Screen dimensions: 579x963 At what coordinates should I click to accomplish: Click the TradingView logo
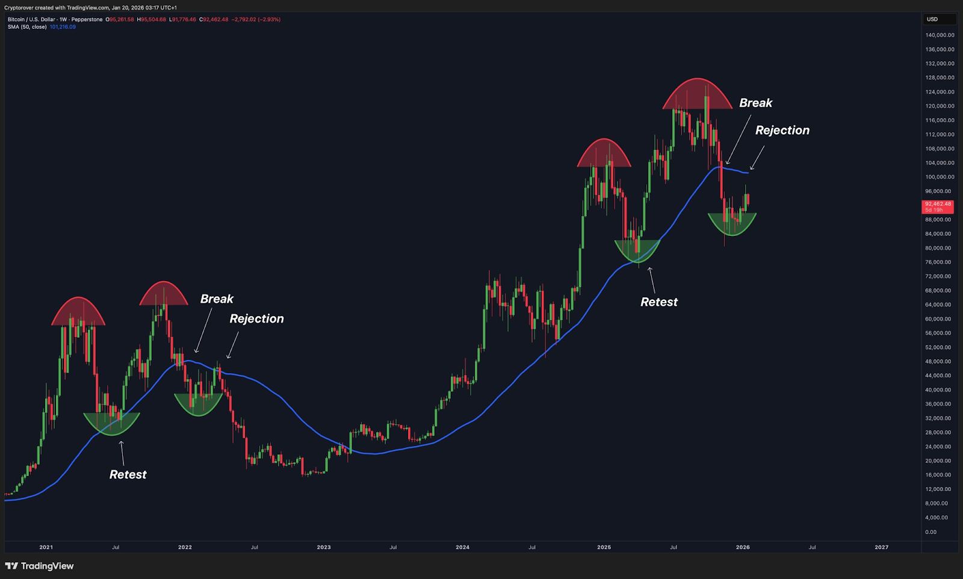40,566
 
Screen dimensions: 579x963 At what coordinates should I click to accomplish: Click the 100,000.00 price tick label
940,177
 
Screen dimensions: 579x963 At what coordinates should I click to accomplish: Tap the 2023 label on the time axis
324,547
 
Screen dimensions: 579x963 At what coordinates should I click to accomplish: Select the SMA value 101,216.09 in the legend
63,27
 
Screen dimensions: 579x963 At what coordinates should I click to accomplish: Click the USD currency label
932,19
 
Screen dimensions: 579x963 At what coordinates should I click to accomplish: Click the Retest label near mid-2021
128,474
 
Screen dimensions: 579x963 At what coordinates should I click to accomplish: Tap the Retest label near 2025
658,302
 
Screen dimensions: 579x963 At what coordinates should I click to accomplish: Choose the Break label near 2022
217,299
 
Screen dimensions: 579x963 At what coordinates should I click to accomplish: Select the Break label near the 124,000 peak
755,103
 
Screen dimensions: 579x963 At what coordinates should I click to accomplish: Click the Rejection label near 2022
256,319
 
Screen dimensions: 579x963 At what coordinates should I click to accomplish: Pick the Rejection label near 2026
782,131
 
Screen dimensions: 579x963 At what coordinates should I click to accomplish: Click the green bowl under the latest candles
732,223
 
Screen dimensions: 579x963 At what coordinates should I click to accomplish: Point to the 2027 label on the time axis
881,547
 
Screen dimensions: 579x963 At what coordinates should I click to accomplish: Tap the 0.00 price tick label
930,532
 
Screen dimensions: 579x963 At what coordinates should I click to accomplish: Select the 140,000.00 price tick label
940,35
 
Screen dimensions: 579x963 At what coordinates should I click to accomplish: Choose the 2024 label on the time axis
462,547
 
